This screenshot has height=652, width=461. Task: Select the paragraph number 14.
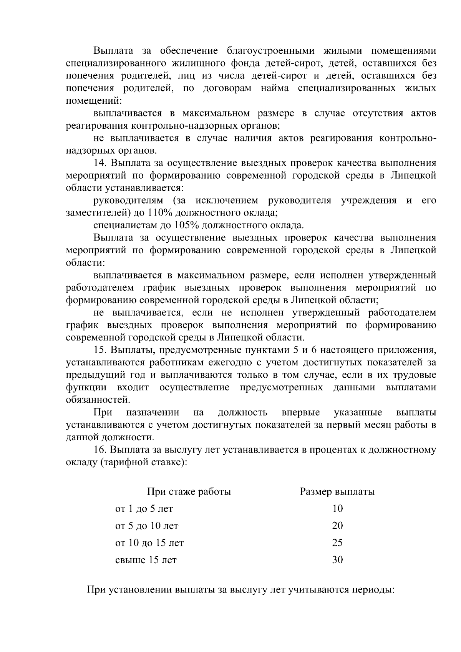pos(101,163)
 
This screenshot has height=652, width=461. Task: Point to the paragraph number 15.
pos(101,350)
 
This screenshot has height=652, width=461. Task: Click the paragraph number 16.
pos(101,450)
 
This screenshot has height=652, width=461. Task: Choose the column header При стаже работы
pos(189,492)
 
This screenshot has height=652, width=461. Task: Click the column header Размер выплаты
pos(337,492)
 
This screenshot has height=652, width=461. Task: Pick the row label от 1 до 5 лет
pos(144,509)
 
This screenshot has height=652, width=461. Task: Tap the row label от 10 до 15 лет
pos(149,543)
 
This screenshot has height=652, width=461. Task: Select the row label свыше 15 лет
pos(146,560)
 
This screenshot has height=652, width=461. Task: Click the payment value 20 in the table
pos(337,526)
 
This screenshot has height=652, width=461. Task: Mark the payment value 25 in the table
pos(337,543)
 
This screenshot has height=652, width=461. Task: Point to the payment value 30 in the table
pos(337,560)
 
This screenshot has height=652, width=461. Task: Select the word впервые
pos(301,413)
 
